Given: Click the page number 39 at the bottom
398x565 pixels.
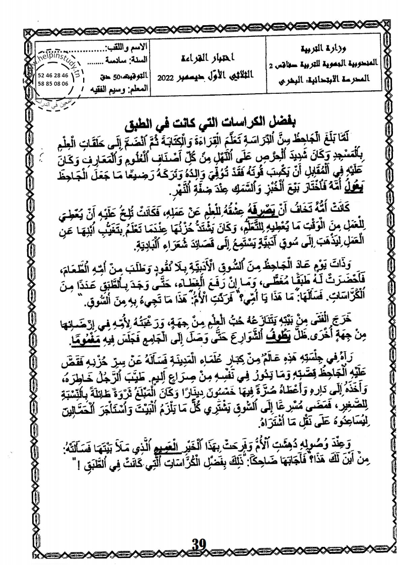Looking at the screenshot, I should (x=200, y=543).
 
